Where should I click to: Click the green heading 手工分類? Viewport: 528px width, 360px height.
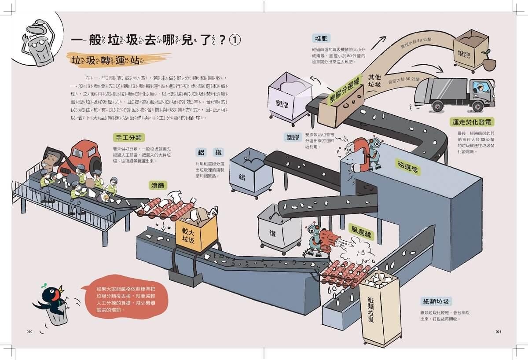pos(128,138)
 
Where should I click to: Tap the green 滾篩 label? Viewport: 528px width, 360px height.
pos(159,185)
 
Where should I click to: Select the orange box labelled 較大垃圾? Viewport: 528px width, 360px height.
pos(196,232)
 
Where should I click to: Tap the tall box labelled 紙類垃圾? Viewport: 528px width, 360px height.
pos(378,308)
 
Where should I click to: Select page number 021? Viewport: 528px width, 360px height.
pos(498,332)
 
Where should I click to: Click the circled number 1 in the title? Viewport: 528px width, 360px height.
pos(235,40)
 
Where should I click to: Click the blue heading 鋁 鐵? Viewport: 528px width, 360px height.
pos(210,152)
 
